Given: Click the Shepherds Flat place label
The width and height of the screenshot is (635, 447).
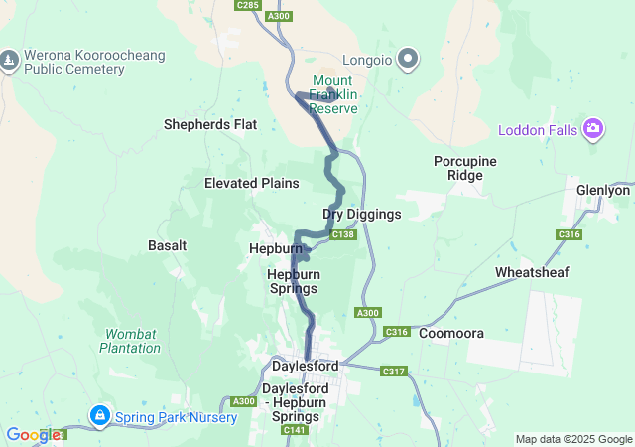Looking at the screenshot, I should pos(209,124).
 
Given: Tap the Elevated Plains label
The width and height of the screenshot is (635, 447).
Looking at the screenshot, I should pos(251,183).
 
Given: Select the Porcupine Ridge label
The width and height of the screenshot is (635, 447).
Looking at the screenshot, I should pos(464,168).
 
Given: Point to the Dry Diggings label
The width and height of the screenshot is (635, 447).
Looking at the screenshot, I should pos(362,214).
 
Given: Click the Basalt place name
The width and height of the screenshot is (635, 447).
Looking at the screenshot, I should pos(167,244).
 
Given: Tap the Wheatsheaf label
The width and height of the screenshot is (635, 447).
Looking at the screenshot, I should pos(532,272).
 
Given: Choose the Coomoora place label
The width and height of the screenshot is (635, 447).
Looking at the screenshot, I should pos(449,334).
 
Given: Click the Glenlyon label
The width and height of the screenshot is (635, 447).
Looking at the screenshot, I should pos(603,190).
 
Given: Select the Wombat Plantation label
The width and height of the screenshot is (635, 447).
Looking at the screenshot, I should pos(130,341).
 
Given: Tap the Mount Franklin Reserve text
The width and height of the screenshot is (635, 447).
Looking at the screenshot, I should pos(332,94).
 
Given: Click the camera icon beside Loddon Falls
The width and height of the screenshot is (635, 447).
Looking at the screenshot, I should pos(593,128).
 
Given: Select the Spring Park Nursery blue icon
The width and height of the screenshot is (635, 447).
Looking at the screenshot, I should pos(99,413).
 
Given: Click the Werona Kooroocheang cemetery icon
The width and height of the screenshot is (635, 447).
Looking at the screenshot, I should pos(9,60).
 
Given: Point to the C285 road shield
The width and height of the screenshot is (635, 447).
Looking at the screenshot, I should pos(248,6).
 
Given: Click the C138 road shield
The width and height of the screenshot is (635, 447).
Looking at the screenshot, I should pos(343,234).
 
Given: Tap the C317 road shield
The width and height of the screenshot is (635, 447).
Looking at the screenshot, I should pos(393,372).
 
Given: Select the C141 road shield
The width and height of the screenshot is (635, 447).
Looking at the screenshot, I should pos(295,430).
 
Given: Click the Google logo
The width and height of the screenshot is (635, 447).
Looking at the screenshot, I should pos(33,434).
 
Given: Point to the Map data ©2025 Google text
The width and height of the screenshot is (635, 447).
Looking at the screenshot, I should pos(572,439).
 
